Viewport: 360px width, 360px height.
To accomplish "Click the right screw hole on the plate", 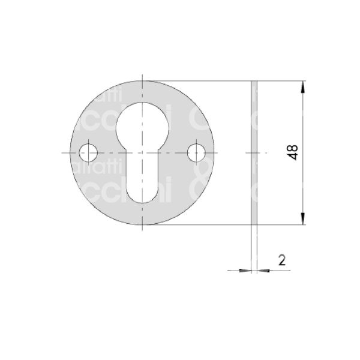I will pos(196,152).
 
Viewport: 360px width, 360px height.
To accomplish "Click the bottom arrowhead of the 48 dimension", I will pos(304,219).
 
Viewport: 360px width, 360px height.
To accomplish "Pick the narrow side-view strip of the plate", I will pos(254,152).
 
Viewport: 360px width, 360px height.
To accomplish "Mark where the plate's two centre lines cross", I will pos(143,152).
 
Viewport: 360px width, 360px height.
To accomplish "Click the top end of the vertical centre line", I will pos(143,74).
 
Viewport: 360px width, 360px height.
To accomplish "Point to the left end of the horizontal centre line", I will pos(62,152).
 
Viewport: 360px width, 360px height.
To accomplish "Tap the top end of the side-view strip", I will pos(254,80).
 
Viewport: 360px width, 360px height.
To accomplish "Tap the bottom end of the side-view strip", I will pos(254,224).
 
